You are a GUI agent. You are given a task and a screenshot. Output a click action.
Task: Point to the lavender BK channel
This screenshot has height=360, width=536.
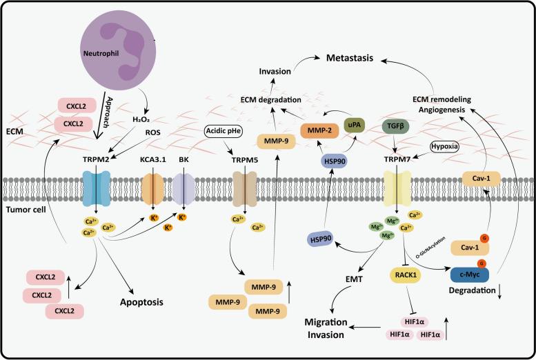click(183, 187)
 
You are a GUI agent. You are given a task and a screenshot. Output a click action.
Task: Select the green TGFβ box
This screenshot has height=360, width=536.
click(396, 126)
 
